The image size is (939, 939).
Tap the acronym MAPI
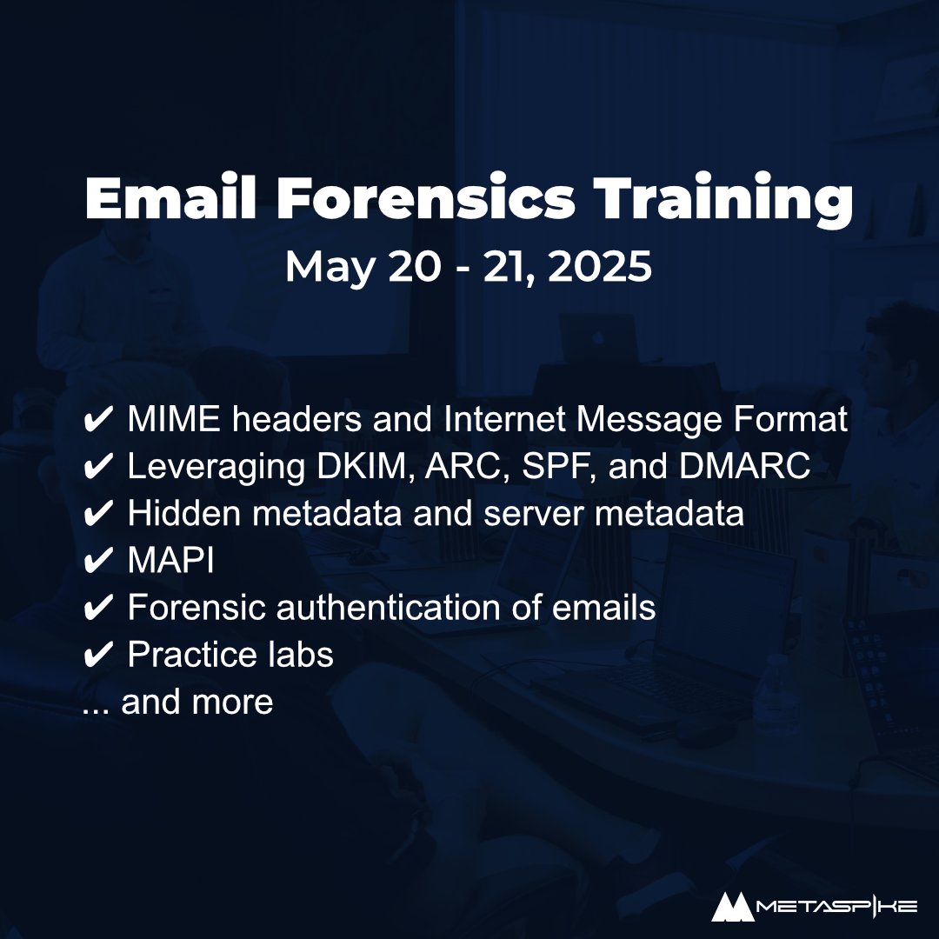tap(170, 561)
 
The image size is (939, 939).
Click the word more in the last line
tap(236, 702)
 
